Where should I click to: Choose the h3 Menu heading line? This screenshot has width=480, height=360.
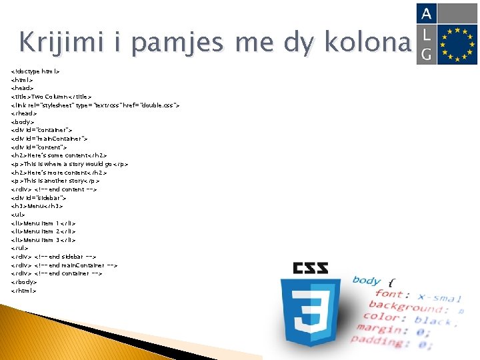point(37,206)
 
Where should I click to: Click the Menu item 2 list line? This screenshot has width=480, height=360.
point(43,231)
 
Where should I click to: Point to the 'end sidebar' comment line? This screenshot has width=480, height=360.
point(54,256)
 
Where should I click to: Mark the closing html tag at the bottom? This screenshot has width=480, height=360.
point(24,290)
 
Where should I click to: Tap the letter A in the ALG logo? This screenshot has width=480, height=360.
point(426,13)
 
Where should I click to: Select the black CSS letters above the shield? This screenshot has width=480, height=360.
point(311,269)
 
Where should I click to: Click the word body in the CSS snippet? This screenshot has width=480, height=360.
point(366,280)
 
